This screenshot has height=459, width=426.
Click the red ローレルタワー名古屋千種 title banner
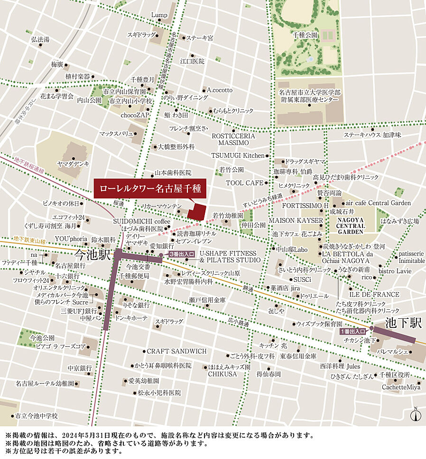pos(150,189)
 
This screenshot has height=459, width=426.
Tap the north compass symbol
pos(416,415)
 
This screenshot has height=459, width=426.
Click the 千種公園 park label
pos(305,35)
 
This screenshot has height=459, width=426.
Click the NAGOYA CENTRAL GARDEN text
pos(351,226)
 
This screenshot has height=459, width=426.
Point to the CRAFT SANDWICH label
pos(176,351)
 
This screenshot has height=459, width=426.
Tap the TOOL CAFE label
pos(244,183)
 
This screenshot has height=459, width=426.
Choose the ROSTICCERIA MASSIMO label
pos(233,139)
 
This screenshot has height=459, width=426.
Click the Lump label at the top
pos(159,15)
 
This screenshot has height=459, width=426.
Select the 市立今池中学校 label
pos(36,416)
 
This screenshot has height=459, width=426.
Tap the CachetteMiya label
pos(401,387)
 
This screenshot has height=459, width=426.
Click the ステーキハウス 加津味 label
pos(372,135)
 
